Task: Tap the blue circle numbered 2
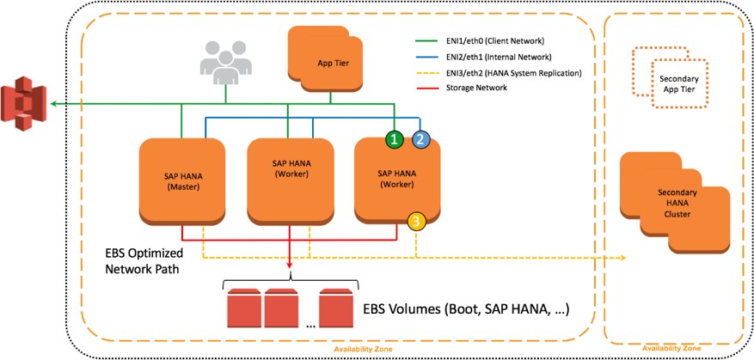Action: pos(420,138)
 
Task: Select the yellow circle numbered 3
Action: pos(416,223)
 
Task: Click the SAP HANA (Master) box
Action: pos(181,181)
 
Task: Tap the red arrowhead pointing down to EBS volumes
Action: pos(290,262)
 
